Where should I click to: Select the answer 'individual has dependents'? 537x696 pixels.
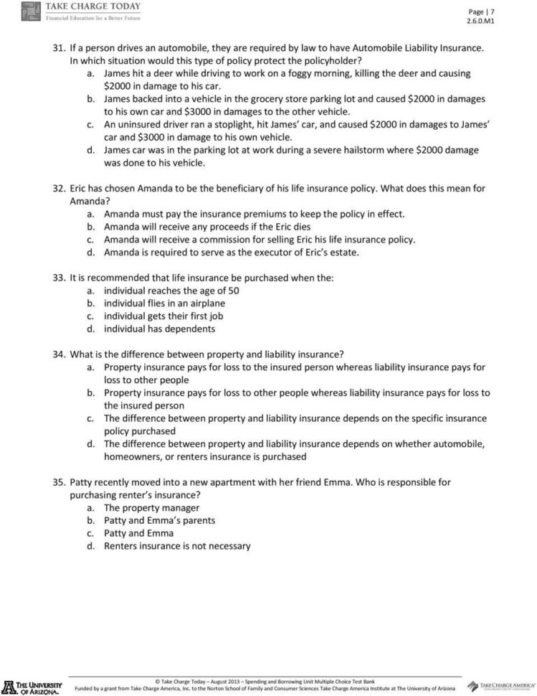(x=159, y=329)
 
